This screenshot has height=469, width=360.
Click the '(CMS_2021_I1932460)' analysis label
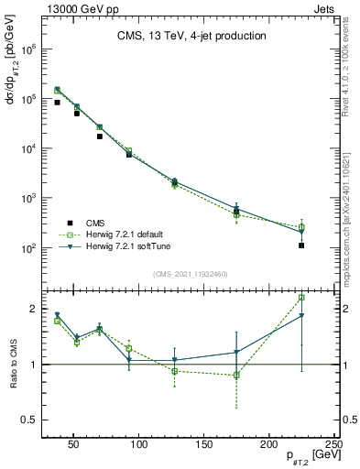(x=191, y=273)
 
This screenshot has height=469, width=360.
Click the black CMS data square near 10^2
(x=301, y=245)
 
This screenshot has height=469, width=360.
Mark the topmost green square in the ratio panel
(x=301, y=298)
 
